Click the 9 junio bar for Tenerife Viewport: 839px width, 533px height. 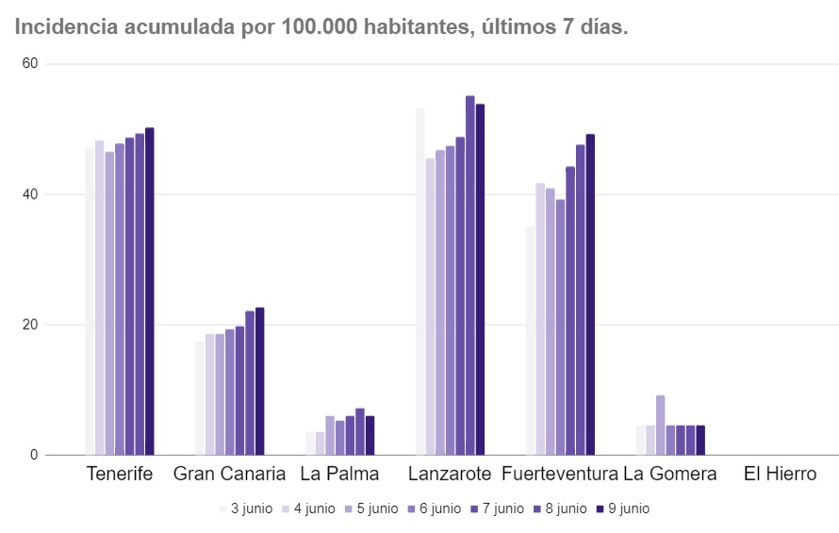[x=149, y=291]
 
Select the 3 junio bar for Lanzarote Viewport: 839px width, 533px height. [x=420, y=282]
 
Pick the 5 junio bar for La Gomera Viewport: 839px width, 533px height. [x=661, y=425]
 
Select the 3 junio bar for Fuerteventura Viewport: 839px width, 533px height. [x=530, y=340]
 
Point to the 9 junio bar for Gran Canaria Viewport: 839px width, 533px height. [x=259, y=381]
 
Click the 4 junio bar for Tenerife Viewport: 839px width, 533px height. [x=99, y=298]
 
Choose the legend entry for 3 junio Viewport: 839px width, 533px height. [x=245, y=509]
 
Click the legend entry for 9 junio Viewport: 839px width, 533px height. [x=622, y=509]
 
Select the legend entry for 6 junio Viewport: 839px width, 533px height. [x=434, y=509]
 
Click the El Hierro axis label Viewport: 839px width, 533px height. [x=780, y=474]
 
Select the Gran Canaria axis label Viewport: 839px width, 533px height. [x=229, y=474]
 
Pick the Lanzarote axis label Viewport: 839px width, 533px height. [x=451, y=474]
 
